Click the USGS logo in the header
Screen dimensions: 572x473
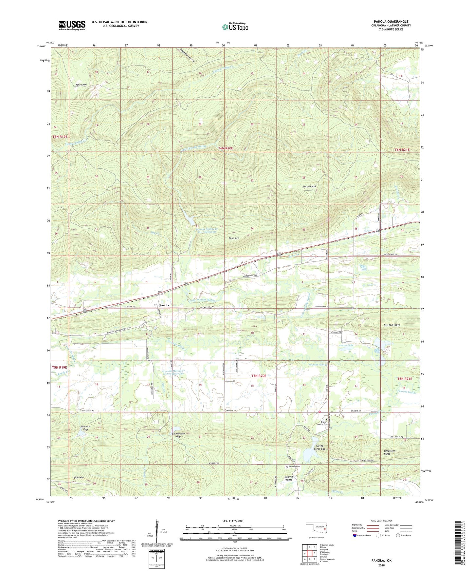coord(72,25)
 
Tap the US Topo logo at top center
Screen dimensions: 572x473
coord(235,27)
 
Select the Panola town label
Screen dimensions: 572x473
coord(164,305)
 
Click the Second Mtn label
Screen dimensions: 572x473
coord(309,186)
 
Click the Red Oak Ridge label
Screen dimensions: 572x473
coord(392,325)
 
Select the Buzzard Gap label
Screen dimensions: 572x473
coord(85,428)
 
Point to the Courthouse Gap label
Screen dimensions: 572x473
coord(178,435)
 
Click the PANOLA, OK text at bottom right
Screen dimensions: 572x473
coord(381,561)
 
